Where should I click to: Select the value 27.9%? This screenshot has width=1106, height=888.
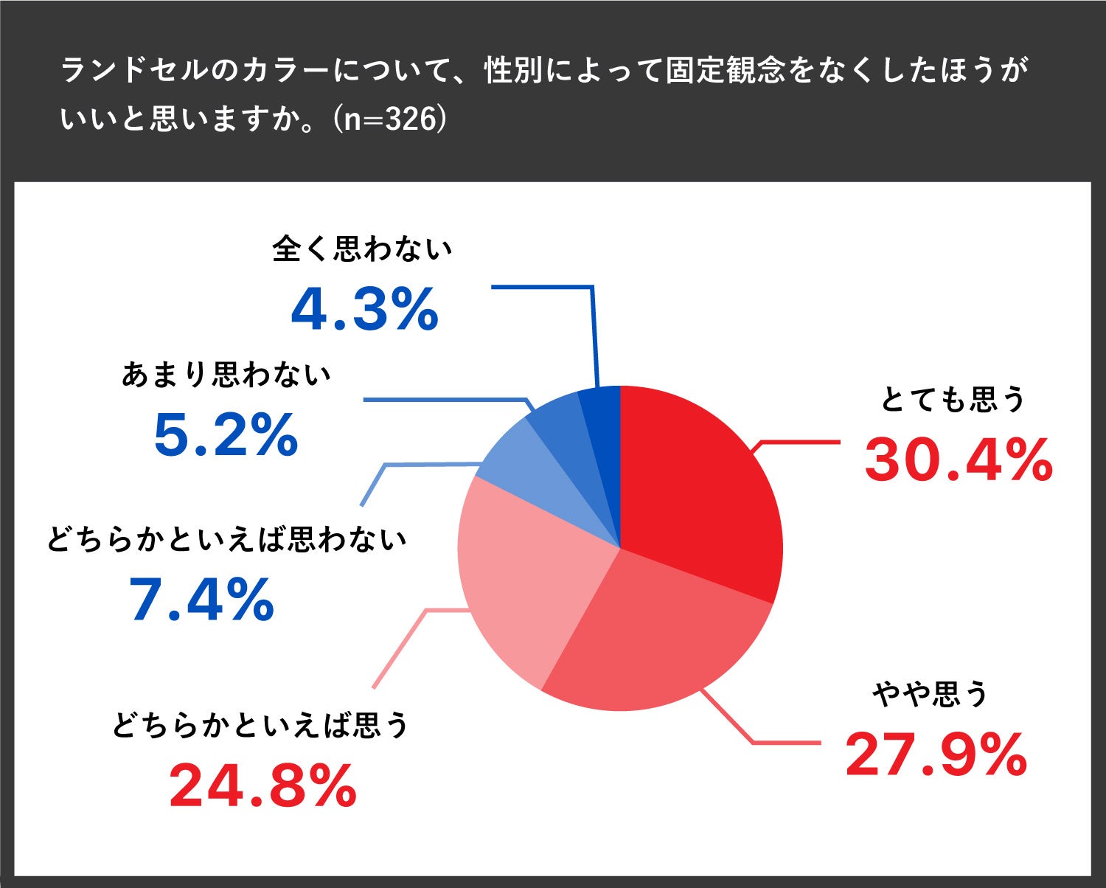click(x=936, y=755)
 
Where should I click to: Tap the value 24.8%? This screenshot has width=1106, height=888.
click(x=263, y=787)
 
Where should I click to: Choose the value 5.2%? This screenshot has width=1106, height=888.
click(x=226, y=435)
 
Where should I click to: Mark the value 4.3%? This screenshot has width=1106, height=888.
click(x=365, y=310)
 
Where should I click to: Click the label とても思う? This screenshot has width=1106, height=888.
click(x=953, y=400)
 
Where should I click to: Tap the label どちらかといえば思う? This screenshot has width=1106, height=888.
click(x=260, y=725)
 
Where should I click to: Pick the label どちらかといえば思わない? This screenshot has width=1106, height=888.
click(x=226, y=540)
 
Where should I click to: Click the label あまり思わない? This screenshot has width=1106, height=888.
click(x=226, y=375)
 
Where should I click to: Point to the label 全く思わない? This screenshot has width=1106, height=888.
click(x=361, y=249)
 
